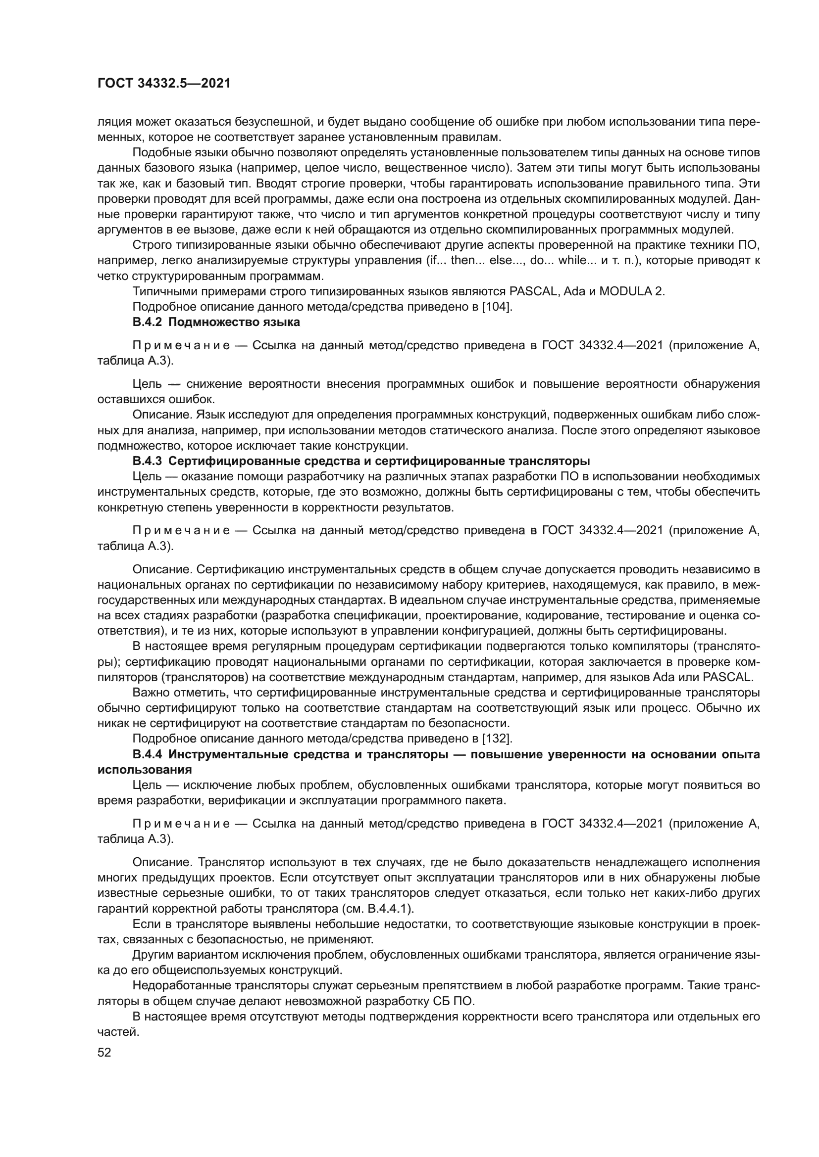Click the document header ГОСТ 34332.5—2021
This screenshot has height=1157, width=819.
pos(164,84)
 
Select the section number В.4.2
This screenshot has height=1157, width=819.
pos(148,322)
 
